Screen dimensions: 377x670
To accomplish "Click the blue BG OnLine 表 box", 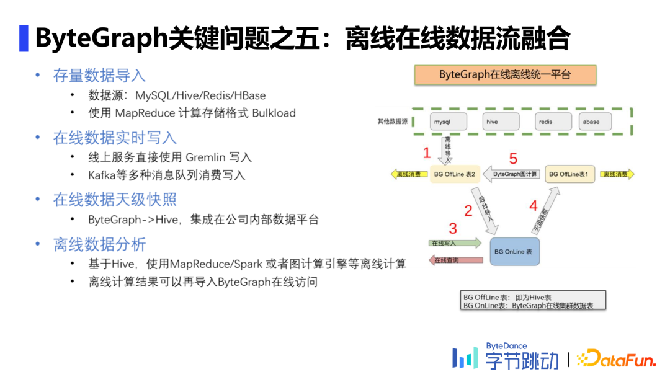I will [x=514, y=252].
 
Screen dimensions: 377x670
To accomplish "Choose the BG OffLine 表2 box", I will [x=454, y=174].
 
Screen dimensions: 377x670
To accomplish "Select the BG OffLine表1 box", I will [x=570, y=174].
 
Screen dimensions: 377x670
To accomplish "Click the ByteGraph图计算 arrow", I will [x=512, y=174].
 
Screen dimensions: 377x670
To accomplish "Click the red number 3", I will [x=453, y=228].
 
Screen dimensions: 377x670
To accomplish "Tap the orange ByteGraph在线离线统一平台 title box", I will [x=505, y=75].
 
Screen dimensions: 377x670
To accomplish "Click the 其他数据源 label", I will [x=392, y=122].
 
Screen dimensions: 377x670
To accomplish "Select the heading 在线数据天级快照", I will [x=115, y=200].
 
